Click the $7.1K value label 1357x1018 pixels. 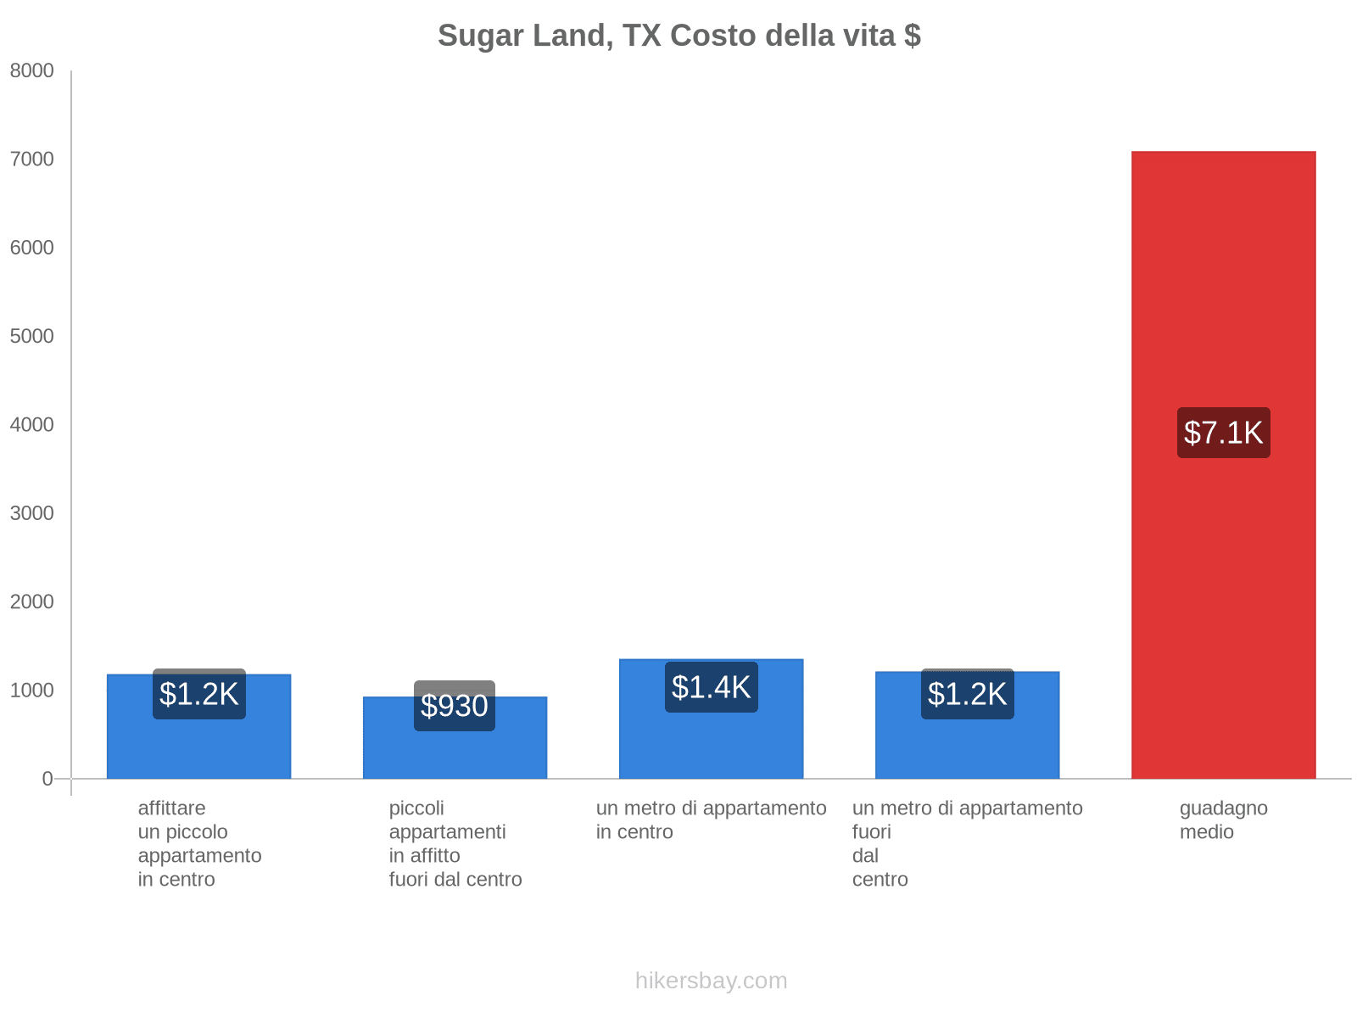pos(1223,433)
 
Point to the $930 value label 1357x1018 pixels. pos(455,706)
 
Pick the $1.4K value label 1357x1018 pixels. pos(711,687)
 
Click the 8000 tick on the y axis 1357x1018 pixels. pos(31,71)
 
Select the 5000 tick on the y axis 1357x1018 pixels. pos(31,337)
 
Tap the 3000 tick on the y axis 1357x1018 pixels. pos(31,513)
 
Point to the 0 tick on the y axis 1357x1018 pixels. pos(47,779)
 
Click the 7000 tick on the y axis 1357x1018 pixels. pos(31,159)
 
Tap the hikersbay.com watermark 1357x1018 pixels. pos(711,981)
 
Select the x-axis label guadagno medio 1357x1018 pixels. pos(1223,819)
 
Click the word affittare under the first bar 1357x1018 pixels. pos(171,808)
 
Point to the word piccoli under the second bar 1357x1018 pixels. pos(416,808)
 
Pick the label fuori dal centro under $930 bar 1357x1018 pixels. pos(455,880)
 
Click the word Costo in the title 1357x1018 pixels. pos(713,36)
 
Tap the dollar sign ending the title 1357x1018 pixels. pos(913,36)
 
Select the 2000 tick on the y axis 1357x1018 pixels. pos(31,602)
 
